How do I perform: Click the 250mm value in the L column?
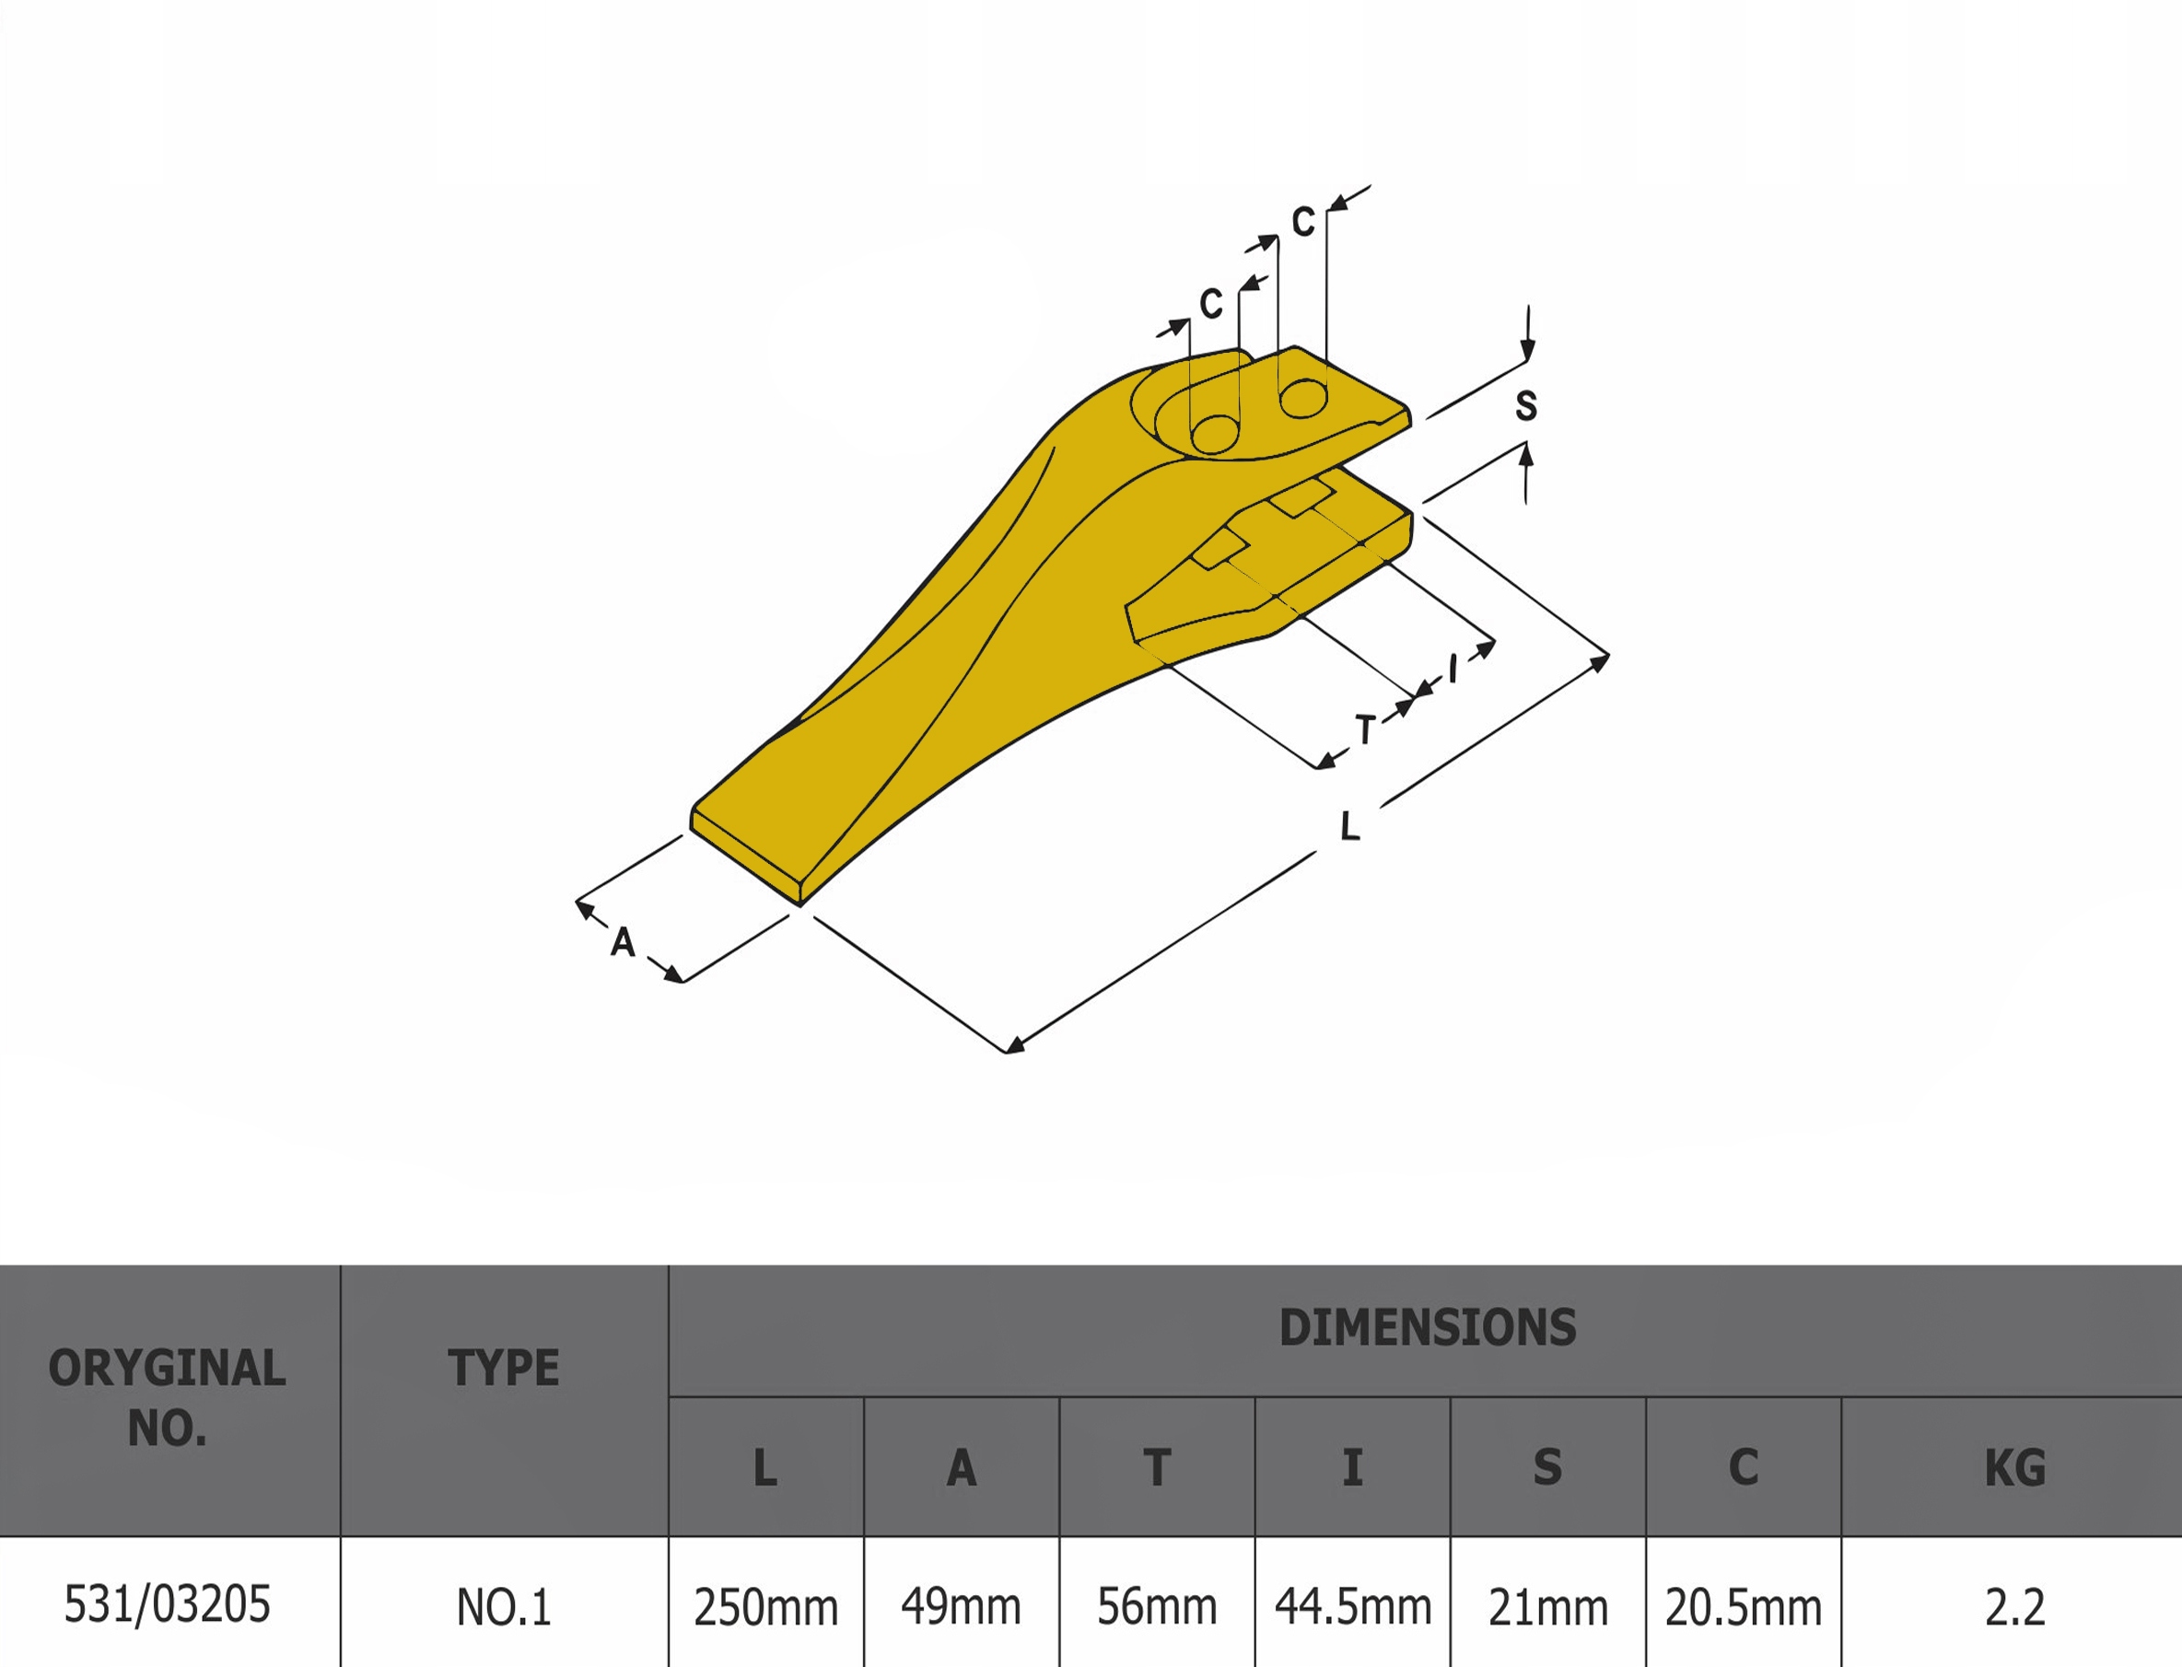(765, 1606)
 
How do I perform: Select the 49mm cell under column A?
(961, 1606)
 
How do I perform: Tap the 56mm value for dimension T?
(1156, 1606)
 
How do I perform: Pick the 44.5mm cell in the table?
(1352, 1606)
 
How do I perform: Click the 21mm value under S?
(1548, 1606)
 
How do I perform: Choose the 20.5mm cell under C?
(1744, 1606)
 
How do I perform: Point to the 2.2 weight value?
(2014, 1606)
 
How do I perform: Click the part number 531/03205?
(168, 1604)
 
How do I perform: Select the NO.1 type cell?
(503, 1606)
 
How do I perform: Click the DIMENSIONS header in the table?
(1427, 1328)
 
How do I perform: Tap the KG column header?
(2014, 1467)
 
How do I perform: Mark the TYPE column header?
(503, 1369)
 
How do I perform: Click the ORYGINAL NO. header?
(168, 1397)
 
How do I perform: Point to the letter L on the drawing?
(1349, 825)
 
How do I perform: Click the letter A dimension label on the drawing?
(622, 941)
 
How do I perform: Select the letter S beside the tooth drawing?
(1526, 405)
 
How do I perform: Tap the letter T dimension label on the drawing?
(1365, 729)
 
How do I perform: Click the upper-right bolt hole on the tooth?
(1303, 399)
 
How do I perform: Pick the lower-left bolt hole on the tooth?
(1215, 435)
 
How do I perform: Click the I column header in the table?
(1352, 1467)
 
